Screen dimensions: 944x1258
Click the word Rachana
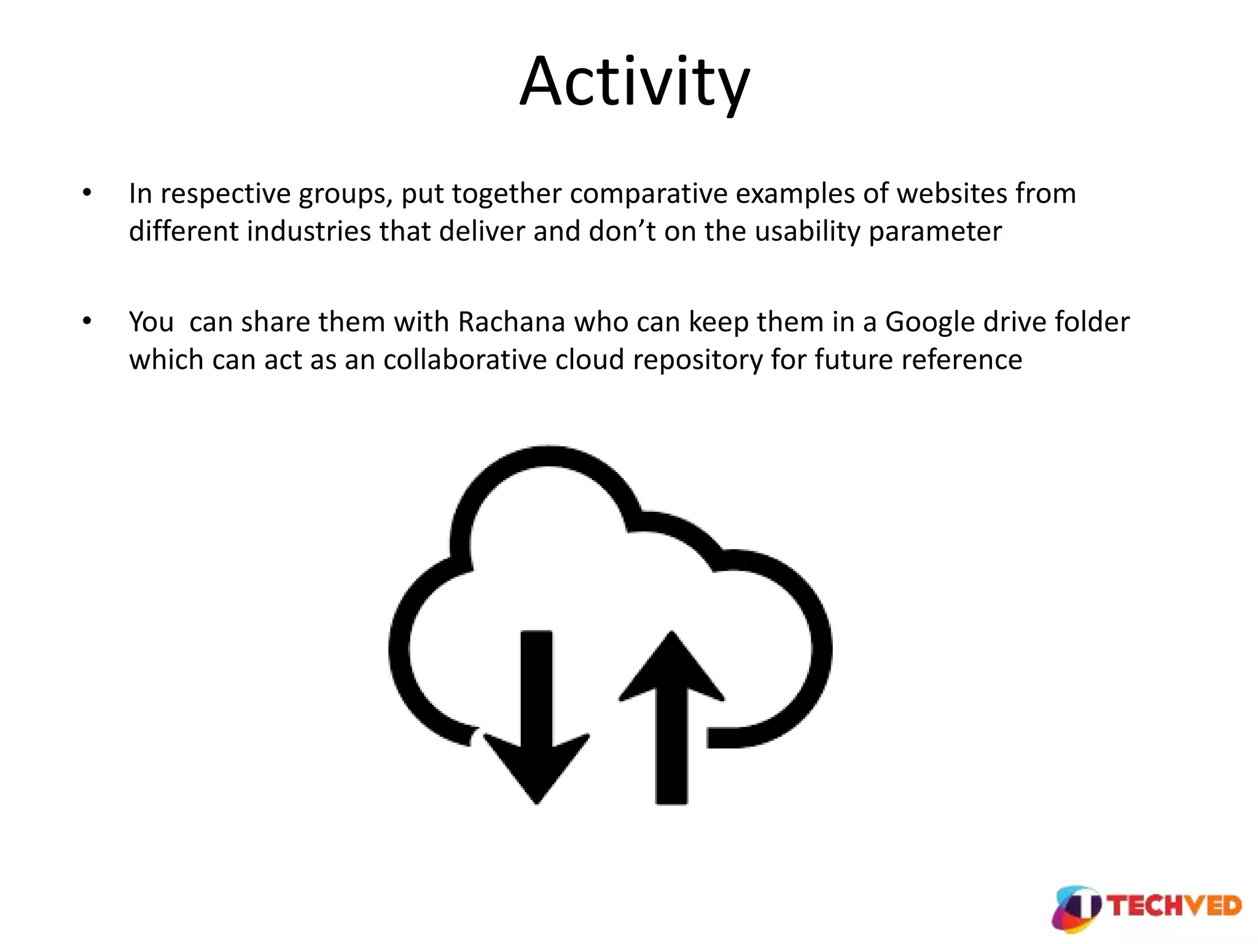[511, 322]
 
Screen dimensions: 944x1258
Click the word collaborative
[465, 360]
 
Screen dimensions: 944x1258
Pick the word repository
[698, 361]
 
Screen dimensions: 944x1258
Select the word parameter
[936, 232]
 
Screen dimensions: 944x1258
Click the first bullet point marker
[87, 193]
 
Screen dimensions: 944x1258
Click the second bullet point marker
[87, 321]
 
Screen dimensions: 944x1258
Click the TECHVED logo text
[1174, 906]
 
